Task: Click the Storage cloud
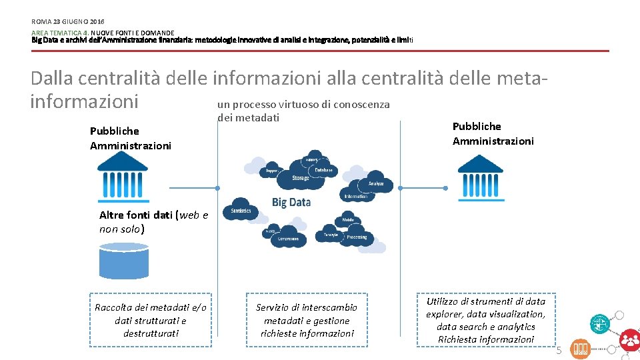(x=301, y=178)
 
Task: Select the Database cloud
(x=324, y=170)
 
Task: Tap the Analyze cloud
(x=376, y=184)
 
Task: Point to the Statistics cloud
(x=240, y=211)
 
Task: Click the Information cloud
(x=356, y=197)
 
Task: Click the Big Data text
(x=291, y=202)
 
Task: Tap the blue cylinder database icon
(x=123, y=261)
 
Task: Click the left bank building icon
(x=122, y=170)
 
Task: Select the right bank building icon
(x=480, y=173)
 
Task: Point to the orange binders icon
(x=580, y=349)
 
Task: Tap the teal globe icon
(x=599, y=323)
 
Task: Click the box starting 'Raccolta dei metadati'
(x=151, y=320)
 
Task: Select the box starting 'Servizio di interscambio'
(x=307, y=320)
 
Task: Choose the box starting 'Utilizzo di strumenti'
(x=485, y=320)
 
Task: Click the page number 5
(x=559, y=351)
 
